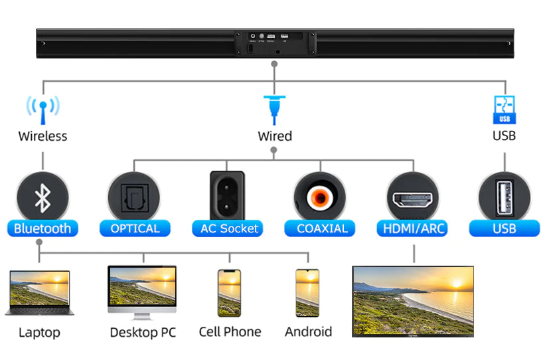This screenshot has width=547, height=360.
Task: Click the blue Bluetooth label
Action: pos(42,228)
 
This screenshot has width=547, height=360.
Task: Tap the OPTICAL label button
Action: pos(135,228)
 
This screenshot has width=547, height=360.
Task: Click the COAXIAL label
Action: pos(322,228)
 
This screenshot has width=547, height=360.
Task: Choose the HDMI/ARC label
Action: pos(414,228)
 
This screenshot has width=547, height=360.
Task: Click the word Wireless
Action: pos(42,136)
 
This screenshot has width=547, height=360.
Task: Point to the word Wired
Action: pos(275,136)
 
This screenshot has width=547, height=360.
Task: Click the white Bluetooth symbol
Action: pos(43,197)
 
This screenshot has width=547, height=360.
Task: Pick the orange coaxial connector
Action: pos(321,197)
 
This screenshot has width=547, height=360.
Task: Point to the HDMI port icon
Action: pos(413,198)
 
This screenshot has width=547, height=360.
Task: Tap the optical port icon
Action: pos(134,197)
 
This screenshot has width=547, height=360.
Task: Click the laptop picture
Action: pos(39,292)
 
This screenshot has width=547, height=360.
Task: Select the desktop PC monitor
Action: pos(142,290)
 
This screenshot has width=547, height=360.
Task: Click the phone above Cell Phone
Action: pos(229,293)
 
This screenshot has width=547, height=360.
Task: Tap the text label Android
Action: pos(308,331)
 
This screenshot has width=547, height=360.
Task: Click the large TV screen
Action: pos(413,300)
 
